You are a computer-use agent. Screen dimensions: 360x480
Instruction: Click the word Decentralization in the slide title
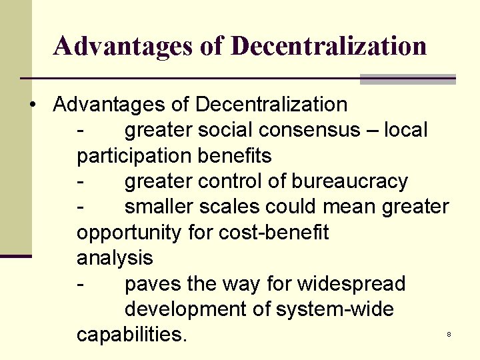[x=330, y=46]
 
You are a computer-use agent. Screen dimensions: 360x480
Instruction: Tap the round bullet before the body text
[x=32, y=105]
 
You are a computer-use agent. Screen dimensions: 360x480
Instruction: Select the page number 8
[x=449, y=334]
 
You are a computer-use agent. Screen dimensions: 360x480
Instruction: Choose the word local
[x=406, y=130]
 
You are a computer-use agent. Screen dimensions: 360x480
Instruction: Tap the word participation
[x=135, y=156]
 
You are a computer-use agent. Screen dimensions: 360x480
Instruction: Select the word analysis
[x=115, y=258]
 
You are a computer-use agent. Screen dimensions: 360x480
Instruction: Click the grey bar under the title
[x=407, y=79]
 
